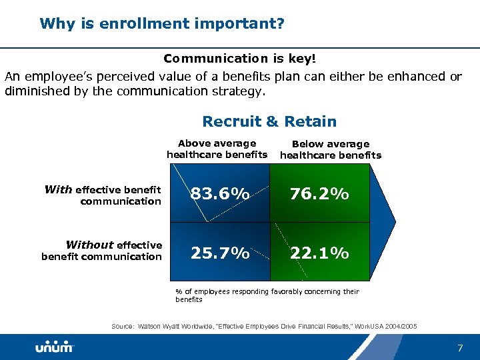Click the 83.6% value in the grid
[220, 194]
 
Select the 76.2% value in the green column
[319, 194]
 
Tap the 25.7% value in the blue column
[220, 253]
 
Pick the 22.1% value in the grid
[319, 253]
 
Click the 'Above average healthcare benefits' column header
[217, 149]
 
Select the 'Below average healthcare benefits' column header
[330, 150]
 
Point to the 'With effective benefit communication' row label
[103, 195]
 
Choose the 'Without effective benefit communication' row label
[101, 251]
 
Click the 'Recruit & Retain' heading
[269, 121]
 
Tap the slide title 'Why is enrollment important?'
[162, 24]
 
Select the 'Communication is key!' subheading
[239, 59]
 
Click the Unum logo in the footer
[55, 347]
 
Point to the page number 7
[459, 348]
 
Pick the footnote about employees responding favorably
[267, 295]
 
